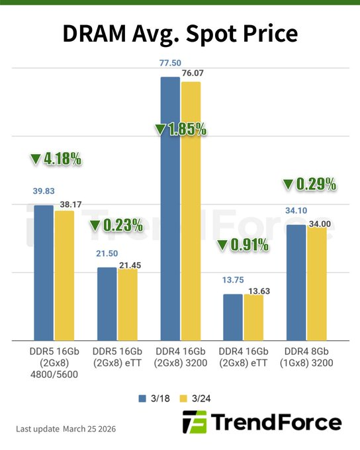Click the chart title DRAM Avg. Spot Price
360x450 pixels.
pos(180,34)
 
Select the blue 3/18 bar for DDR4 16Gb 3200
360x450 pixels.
pos(170,208)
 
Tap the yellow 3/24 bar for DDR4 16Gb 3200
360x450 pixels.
pos(191,211)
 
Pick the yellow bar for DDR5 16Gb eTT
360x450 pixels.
pos(128,304)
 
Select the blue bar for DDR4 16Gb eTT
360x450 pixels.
pos(233,317)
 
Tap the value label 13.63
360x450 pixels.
pos(255,289)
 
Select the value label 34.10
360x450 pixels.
pos(296,211)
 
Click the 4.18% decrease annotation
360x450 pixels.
pos(56,159)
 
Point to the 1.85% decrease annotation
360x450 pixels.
pos(180,129)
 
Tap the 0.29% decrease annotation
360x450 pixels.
pos(310,184)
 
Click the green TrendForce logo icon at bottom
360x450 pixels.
pos(195,422)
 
